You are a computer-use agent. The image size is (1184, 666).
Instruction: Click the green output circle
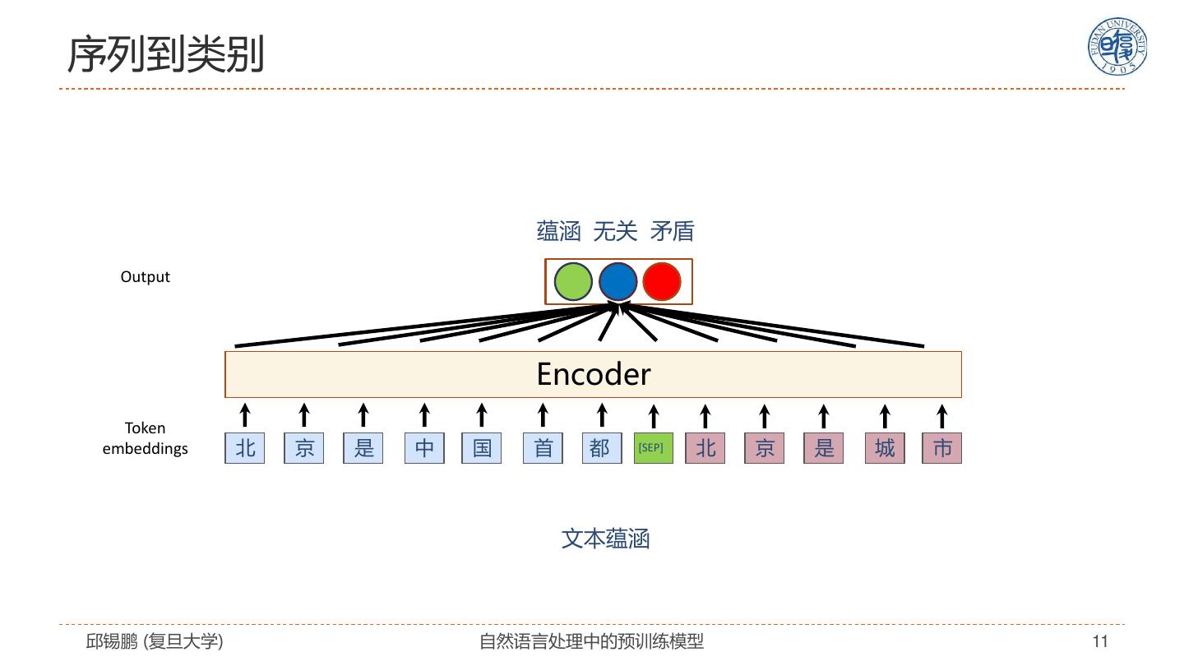coord(573,282)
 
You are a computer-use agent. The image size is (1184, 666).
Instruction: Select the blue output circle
coord(618,282)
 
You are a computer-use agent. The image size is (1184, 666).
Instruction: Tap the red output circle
coord(662,282)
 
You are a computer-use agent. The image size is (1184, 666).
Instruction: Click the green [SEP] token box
coord(653,448)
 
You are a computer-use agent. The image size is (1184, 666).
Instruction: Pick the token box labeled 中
coord(424,448)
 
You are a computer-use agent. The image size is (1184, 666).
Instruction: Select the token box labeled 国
coord(482,448)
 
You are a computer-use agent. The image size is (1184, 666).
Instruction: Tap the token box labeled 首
coord(543,448)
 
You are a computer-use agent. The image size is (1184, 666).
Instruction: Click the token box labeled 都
coord(601,448)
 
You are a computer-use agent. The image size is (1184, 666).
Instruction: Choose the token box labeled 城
coord(885,448)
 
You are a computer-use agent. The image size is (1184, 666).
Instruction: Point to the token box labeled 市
coord(942,448)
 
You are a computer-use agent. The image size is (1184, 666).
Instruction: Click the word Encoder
coord(593,374)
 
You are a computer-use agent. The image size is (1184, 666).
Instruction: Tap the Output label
coord(145,277)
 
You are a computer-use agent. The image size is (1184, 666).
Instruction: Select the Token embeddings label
coord(145,438)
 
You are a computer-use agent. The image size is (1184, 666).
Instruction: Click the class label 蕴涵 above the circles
coord(559,232)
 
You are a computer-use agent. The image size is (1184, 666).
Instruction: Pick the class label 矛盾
coord(672,232)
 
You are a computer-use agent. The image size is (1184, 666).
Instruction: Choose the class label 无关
coord(615,232)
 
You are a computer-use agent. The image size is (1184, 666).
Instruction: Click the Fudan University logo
coord(1117,46)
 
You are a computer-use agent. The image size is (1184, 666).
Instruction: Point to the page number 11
coord(1100,641)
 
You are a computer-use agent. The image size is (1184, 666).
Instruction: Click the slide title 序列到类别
coord(165,54)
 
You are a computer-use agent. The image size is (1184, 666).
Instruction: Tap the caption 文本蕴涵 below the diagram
coord(605,539)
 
